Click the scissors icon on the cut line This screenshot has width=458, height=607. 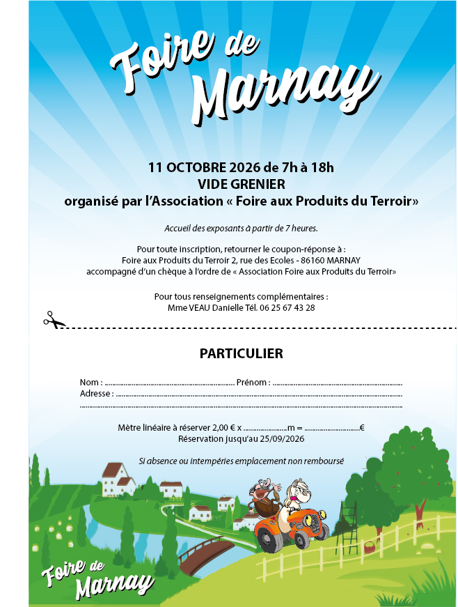tap(54, 320)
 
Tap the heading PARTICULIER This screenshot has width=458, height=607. tap(241, 353)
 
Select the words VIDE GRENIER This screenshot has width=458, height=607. tap(241, 185)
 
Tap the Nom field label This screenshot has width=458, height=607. tap(90, 383)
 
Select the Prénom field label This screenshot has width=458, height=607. tap(252, 383)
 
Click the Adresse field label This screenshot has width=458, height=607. tap(96, 394)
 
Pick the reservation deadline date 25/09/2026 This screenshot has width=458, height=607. tap(276, 439)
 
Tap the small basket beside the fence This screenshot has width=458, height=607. tap(368, 549)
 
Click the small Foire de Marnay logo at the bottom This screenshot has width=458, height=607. tap(97, 575)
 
